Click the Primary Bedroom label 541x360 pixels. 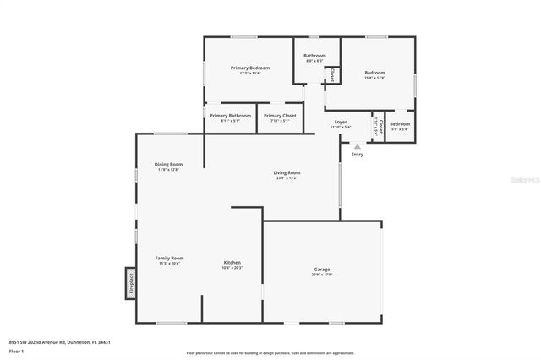click(x=250, y=68)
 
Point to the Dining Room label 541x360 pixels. click(x=168, y=164)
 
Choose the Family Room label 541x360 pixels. click(x=169, y=258)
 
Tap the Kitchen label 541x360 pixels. click(x=232, y=263)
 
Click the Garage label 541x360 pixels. click(x=321, y=269)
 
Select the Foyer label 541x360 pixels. click(x=341, y=123)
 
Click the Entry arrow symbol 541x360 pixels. click(x=357, y=147)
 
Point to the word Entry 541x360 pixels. click(x=357, y=155)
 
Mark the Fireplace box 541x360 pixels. click(x=131, y=282)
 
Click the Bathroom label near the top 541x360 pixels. click(x=315, y=56)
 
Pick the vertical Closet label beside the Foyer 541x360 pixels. click(x=380, y=126)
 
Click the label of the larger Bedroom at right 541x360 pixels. click(x=374, y=73)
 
